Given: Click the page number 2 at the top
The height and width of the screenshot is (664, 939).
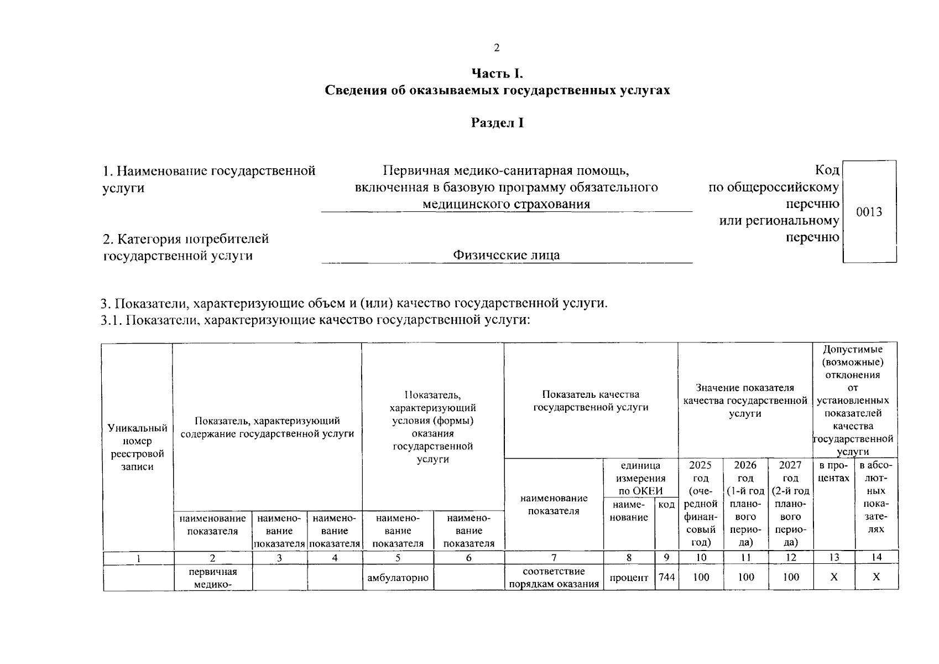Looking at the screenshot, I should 496,48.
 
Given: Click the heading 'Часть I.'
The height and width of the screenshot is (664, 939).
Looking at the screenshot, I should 497,74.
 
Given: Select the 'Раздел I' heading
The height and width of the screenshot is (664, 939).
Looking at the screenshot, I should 497,123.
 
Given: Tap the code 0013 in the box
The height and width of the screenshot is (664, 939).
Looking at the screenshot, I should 869,212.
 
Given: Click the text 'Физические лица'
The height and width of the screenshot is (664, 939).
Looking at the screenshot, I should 506,255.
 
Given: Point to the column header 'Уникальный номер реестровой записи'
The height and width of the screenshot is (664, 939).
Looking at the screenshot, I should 137,447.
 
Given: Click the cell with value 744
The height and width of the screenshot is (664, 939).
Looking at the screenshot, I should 666,577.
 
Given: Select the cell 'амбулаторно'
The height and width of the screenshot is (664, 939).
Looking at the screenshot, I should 398,578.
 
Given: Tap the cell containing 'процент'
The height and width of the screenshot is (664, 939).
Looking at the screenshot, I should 629,578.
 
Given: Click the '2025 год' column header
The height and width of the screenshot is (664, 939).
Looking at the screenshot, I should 701,503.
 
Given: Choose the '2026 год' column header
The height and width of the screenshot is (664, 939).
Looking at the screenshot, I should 745,503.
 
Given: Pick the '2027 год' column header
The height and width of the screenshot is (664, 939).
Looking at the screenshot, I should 791,503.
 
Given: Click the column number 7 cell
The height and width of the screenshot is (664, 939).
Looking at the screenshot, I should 554,558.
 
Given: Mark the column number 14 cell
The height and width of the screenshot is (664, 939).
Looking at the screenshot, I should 877,557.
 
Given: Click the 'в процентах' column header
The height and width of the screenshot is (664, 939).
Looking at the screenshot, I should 834,471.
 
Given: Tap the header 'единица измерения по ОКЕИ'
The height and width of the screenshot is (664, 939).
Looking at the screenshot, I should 640,478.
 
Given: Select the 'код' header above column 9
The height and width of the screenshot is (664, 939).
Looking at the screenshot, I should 666,505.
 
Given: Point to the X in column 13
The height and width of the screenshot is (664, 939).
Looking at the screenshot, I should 834,577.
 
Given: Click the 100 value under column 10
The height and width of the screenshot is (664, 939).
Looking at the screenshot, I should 701,577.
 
